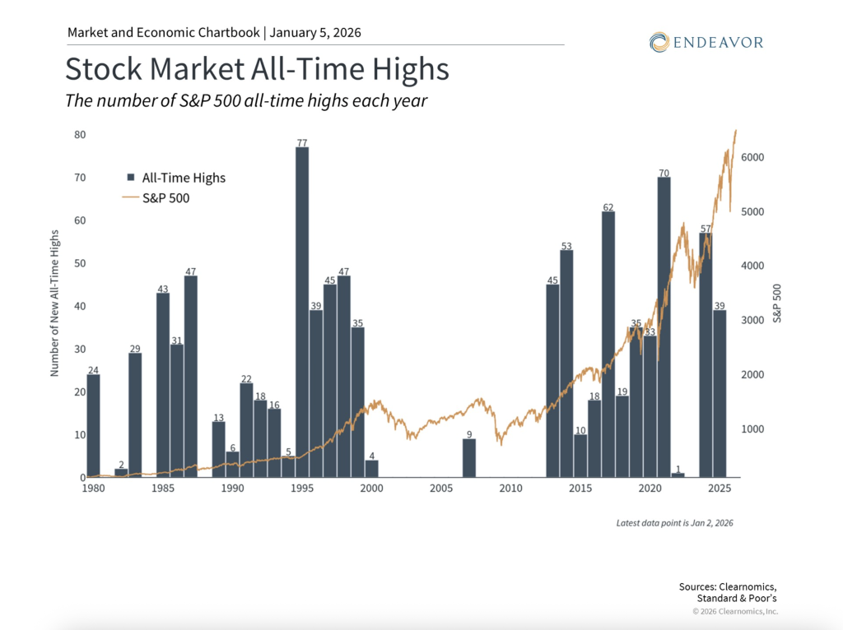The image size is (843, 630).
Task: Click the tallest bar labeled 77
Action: pyautogui.click(x=302, y=313)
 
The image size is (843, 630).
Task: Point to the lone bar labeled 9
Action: pyautogui.click(x=468, y=458)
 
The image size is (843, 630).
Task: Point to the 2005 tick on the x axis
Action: pyautogui.click(x=441, y=488)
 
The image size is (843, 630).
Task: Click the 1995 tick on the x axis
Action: pyautogui.click(x=302, y=488)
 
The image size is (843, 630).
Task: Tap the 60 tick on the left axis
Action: pyautogui.click(x=80, y=220)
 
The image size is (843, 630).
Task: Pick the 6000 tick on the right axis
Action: pyautogui.click(x=758, y=157)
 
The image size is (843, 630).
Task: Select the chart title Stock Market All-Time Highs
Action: pyautogui.click(x=257, y=69)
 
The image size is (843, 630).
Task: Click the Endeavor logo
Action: pyautogui.click(x=706, y=41)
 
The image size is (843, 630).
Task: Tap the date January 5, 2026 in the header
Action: pyautogui.click(x=315, y=33)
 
